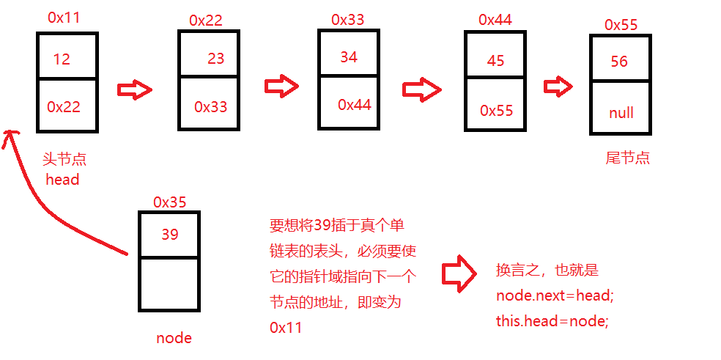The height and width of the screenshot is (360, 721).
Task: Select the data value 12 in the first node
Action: [62, 59]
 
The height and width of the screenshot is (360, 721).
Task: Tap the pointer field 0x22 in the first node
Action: [63, 106]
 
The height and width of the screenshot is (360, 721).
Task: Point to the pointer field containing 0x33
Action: [211, 107]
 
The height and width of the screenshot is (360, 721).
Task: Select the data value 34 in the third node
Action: [349, 56]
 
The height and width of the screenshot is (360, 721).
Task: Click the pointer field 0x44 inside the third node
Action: [355, 105]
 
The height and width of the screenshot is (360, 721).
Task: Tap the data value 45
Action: [495, 61]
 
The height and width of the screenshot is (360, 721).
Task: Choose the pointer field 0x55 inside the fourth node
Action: [497, 111]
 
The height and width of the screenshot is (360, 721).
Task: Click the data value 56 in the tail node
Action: [619, 62]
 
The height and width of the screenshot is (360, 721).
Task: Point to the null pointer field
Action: [621, 114]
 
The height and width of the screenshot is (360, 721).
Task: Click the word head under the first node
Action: [62, 179]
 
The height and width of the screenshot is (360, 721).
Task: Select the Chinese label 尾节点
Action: [627, 158]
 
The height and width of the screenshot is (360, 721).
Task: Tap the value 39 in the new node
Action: [169, 235]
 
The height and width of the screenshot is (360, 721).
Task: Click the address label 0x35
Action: [169, 202]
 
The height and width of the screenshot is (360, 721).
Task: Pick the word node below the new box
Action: [174, 338]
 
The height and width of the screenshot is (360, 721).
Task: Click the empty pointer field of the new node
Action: [169, 284]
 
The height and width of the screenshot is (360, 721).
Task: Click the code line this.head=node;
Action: [552, 320]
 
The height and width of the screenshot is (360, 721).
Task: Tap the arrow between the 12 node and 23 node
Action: [135, 90]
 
